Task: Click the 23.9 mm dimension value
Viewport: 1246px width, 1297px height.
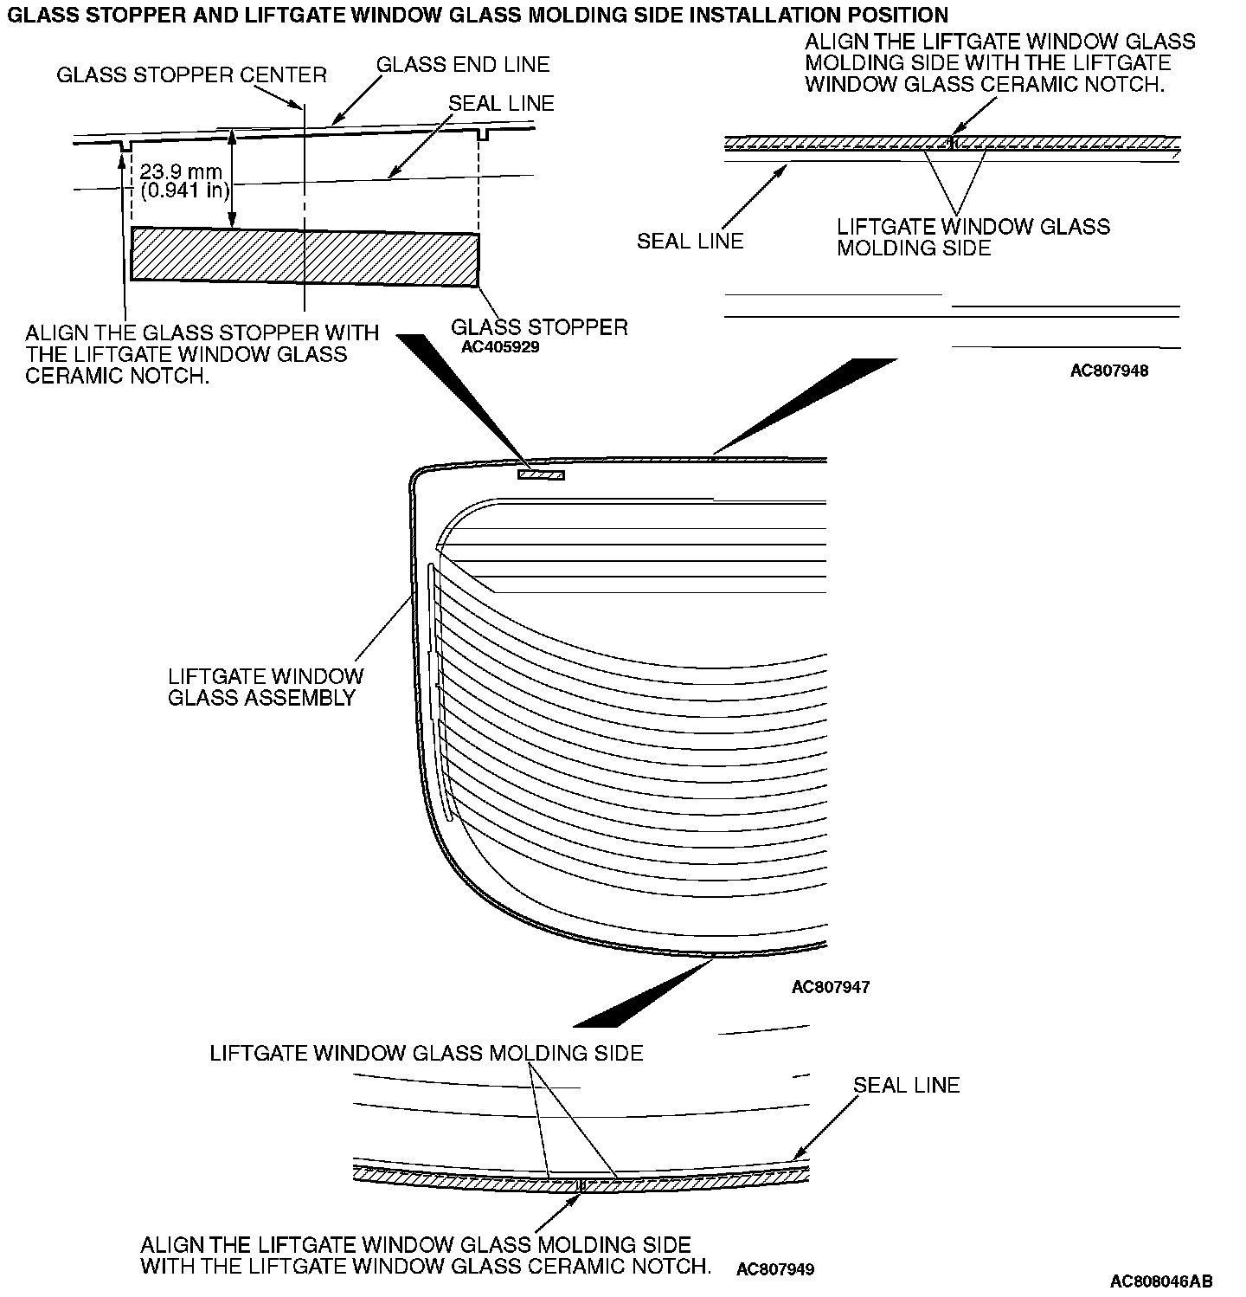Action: (x=181, y=172)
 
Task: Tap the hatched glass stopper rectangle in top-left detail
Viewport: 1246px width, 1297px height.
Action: (x=305, y=257)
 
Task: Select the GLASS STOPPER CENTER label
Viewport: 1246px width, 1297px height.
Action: (x=191, y=75)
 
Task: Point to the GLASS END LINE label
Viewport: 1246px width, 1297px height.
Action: (x=463, y=65)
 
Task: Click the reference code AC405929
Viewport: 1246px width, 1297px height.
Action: (x=500, y=347)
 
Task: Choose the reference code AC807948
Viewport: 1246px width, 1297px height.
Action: (x=1109, y=371)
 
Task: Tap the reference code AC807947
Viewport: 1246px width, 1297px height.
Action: (x=831, y=987)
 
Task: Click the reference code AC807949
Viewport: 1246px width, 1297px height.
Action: (x=775, y=1269)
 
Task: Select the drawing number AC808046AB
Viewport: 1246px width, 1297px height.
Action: (x=1161, y=1281)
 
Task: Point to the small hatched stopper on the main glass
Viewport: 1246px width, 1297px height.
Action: (x=541, y=474)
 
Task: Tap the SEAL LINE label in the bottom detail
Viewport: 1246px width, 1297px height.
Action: (x=906, y=1086)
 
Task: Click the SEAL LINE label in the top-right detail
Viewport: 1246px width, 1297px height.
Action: (x=690, y=241)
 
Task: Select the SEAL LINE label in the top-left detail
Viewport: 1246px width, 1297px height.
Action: (x=501, y=103)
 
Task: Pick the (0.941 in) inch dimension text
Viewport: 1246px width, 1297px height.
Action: (x=183, y=190)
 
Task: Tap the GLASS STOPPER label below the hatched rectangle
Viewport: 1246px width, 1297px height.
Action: (x=539, y=327)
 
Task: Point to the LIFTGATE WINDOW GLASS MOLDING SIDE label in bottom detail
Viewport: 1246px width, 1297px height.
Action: (x=427, y=1053)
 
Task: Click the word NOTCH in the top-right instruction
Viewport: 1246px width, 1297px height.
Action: (x=1122, y=84)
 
